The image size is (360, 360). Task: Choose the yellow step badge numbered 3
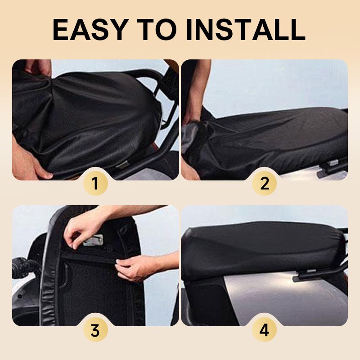95,330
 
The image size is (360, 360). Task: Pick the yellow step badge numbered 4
264,330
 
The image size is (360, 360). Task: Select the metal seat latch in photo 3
94,240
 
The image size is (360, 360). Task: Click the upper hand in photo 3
81,227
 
